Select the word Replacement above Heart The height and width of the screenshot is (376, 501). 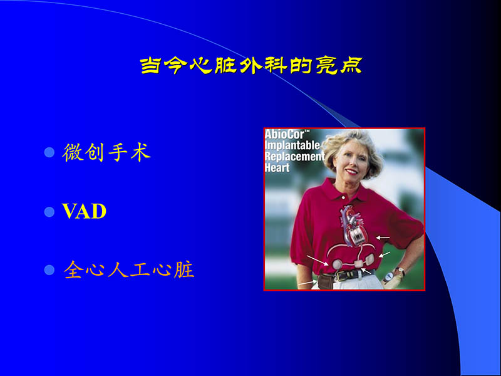(x=294, y=157)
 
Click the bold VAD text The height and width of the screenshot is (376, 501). (x=85, y=212)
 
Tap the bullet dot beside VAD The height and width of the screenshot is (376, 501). (x=50, y=212)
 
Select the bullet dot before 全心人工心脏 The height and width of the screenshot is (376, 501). (x=50, y=271)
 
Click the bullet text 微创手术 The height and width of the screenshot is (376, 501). (x=107, y=153)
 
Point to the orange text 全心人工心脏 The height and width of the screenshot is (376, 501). (x=129, y=270)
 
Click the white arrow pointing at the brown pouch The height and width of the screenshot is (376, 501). (x=307, y=284)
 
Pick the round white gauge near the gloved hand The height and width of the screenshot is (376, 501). (x=389, y=275)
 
